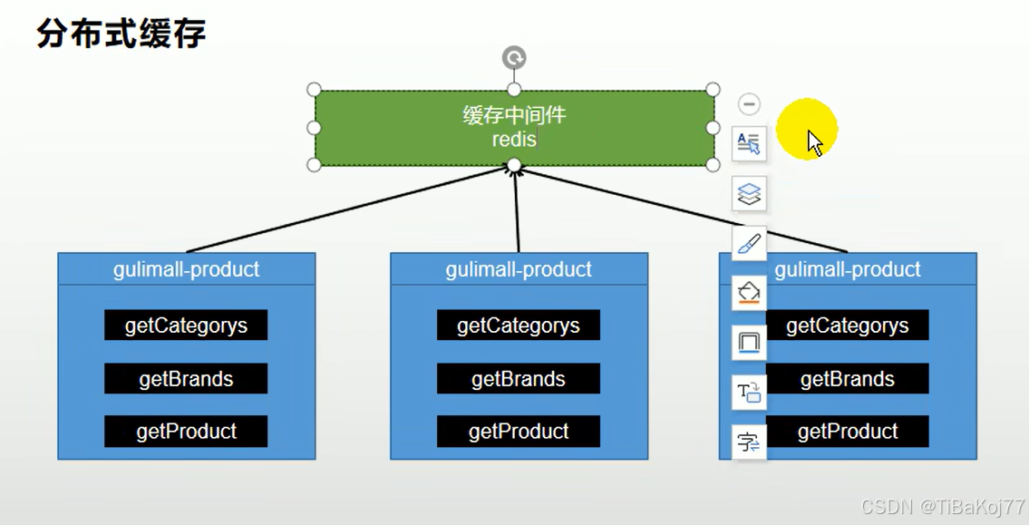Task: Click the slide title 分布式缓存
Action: tap(121, 34)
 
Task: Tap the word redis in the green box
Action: tap(514, 139)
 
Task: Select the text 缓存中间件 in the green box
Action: tap(514, 115)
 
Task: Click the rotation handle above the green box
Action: tap(514, 58)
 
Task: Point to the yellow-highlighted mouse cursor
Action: tap(813, 141)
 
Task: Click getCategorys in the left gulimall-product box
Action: tap(186, 326)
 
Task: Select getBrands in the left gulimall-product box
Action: tap(186, 379)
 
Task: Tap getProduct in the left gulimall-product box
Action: tap(186, 432)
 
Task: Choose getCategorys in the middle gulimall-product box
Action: tap(519, 326)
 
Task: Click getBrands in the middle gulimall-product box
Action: tap(519, 379)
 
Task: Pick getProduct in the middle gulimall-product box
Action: tap(519, 432)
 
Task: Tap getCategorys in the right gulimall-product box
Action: tap(848, 326)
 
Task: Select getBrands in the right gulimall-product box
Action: tap(848, 379)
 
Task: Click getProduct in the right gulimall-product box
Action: tap(848, 432)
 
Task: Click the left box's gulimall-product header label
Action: tap(186, 269)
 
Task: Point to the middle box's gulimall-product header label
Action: tap(519, 269)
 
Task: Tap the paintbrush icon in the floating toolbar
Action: tap(749, 244)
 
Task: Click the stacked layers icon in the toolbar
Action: tap(749, 193)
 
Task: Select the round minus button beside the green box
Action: tap(749, 104)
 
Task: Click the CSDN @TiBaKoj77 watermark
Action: tap(943, 507)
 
